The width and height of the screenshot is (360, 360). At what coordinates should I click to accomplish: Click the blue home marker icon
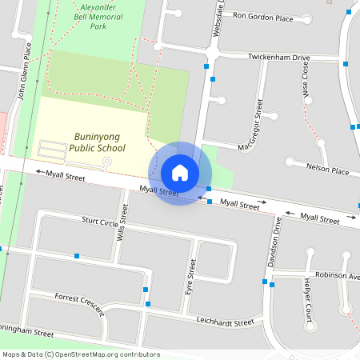(x=180, y=172)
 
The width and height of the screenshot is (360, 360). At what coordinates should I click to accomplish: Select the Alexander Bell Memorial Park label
(x=98, y=16)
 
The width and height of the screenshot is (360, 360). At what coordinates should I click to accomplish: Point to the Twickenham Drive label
(x=278, y=58)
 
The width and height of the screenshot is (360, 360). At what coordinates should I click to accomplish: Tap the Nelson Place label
(x=328, y=170)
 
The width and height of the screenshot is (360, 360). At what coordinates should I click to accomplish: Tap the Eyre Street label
(x=190, y=276)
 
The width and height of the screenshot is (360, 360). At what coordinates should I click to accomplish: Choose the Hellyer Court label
(x=307, y=295)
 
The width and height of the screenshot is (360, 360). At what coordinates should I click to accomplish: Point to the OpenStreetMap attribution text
(x=81, y=354)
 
